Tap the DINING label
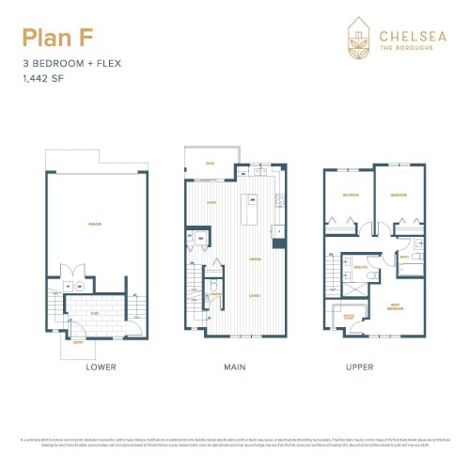point(255,259)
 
